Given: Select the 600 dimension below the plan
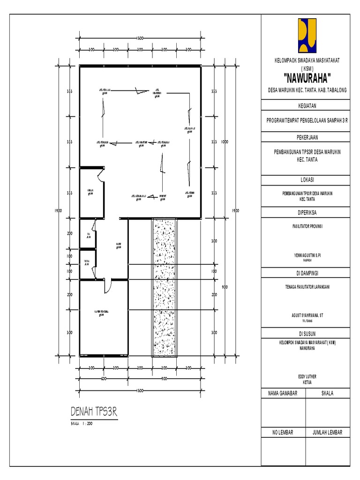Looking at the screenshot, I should tap(103, 379).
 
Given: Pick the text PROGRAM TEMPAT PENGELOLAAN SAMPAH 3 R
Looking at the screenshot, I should tap(307, 121).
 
